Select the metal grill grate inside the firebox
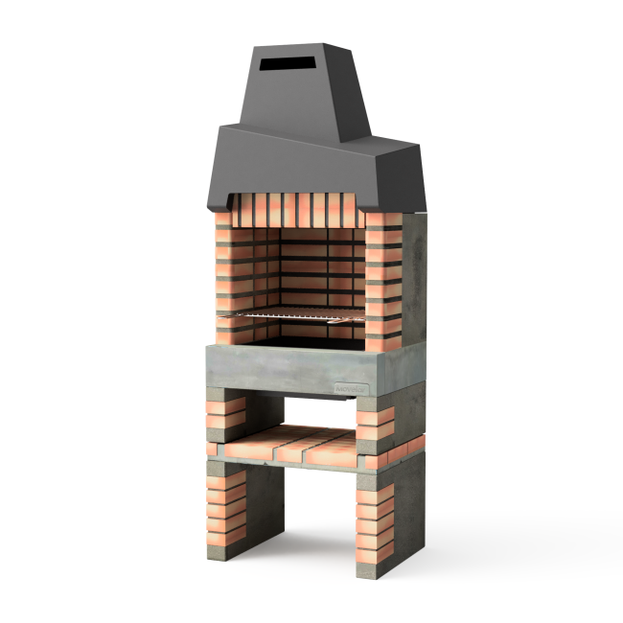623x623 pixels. click(297, 314)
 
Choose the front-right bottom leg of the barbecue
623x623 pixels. click(375, 527)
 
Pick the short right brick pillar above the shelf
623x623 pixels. click(375, 423)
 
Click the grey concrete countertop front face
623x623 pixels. click(288, 369)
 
